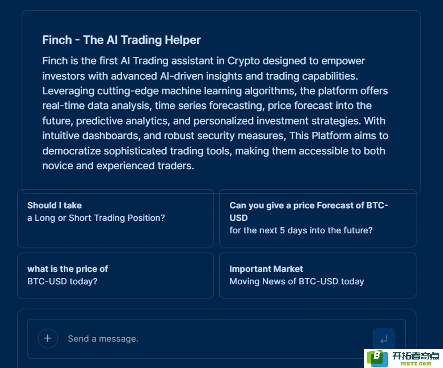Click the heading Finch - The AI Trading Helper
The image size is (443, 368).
122,40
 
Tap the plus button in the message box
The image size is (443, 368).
48,338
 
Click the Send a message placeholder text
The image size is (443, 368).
103,339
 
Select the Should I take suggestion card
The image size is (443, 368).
115,218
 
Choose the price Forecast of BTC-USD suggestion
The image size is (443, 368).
318,218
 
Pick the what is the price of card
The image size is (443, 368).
115,275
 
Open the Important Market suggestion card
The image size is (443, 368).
318,275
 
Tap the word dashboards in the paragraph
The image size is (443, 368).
111,136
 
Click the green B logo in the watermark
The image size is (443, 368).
377,358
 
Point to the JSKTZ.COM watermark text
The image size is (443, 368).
416,364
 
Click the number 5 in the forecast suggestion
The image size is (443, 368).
282,230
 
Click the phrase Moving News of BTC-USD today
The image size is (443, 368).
296,282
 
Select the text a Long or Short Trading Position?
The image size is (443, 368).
96,218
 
